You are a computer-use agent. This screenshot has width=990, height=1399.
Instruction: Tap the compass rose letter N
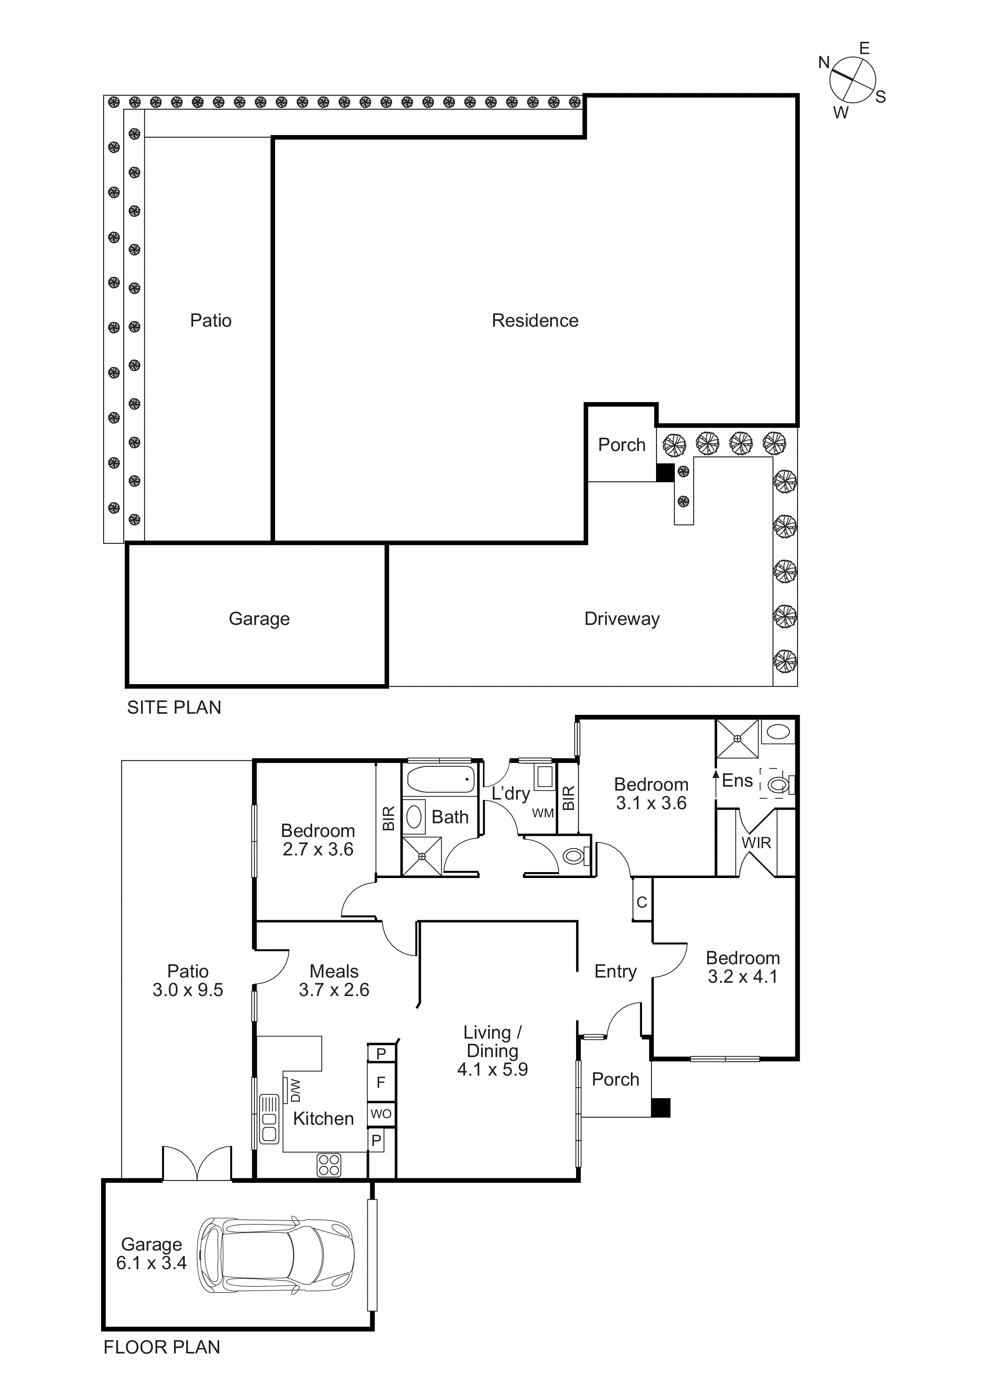pyautogui.click(x=824, y=62)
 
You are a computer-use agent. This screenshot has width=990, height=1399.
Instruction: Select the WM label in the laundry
pyautogui.click(x=542, y=813)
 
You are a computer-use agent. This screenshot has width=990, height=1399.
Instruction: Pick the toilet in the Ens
pyautogui.click(x=777, y=786)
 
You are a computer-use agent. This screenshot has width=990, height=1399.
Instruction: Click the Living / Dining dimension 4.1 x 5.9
pyautogui.click(x=492, y=1069)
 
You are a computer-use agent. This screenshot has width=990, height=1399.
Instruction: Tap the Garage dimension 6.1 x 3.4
pyautogui.click(x=151, y=1263)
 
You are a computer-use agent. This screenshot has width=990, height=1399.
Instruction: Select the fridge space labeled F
pyautogui.click(x=381, y=1083)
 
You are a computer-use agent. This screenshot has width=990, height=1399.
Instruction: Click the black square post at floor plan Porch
pyautogui.click(x=661, y=1108)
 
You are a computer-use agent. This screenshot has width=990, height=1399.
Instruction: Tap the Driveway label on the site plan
pyautogui.click(x=622, y=619)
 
